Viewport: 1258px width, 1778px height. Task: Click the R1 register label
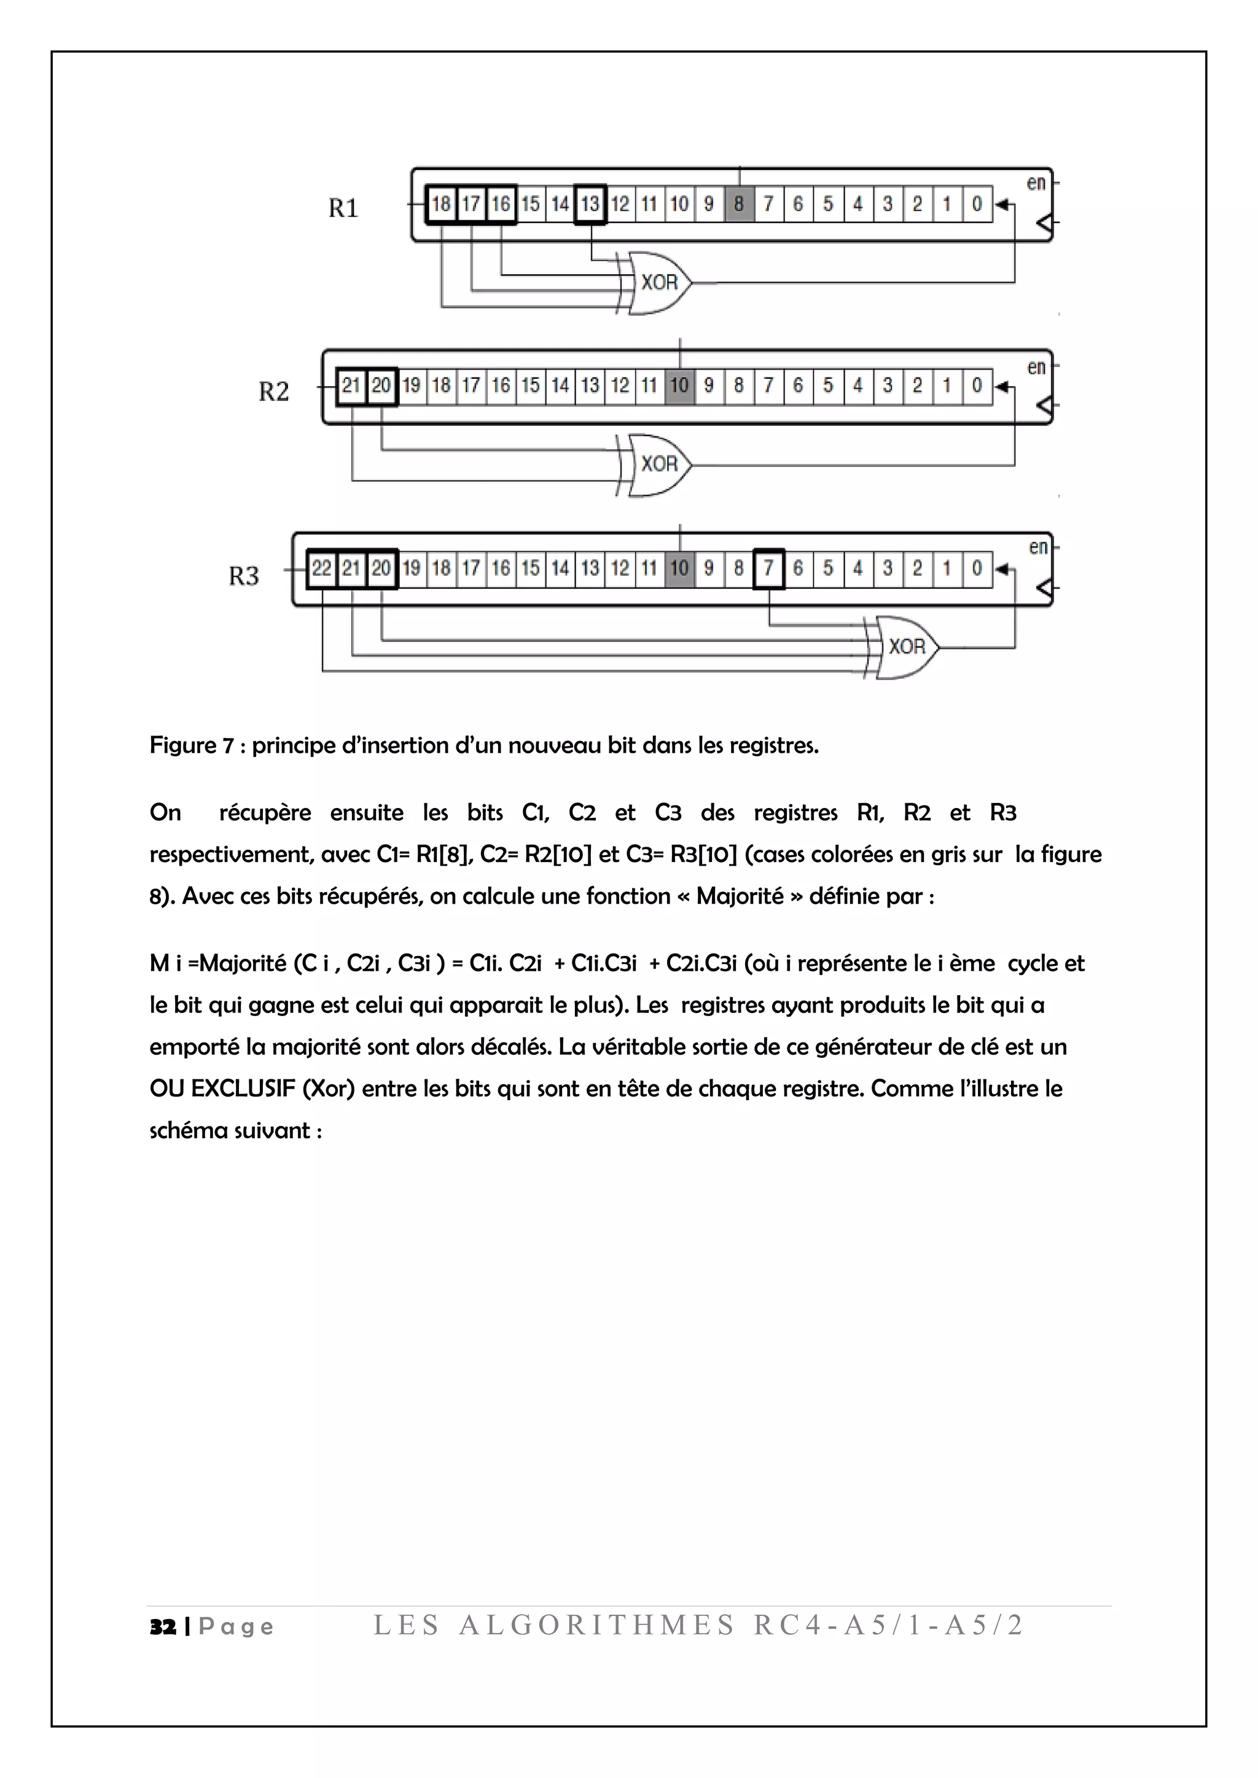click(343, 208)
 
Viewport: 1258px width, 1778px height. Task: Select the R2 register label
click(273, 392)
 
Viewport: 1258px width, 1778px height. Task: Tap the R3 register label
click(243, 576)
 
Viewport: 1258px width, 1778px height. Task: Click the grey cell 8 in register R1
click(739, 204)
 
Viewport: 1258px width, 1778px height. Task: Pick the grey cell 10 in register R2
click(679, 386)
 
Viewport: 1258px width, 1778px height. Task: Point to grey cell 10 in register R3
click(679, 569)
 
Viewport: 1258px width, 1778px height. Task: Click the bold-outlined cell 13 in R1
click(590, 204)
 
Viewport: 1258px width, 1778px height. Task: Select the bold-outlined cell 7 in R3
click(768, 569)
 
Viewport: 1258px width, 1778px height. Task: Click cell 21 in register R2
click(352, 386)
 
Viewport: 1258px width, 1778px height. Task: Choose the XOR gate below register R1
click(658, 282)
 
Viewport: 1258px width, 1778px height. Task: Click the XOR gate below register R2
click(658, 465)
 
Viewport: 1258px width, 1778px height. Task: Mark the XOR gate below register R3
click(905, 647)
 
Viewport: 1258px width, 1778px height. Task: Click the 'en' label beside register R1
click(1036, 184)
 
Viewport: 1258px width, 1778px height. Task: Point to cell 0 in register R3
click(977, 569)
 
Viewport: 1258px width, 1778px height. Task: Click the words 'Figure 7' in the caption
click(191, 746)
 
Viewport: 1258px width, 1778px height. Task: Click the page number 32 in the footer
click(163, 1626)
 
